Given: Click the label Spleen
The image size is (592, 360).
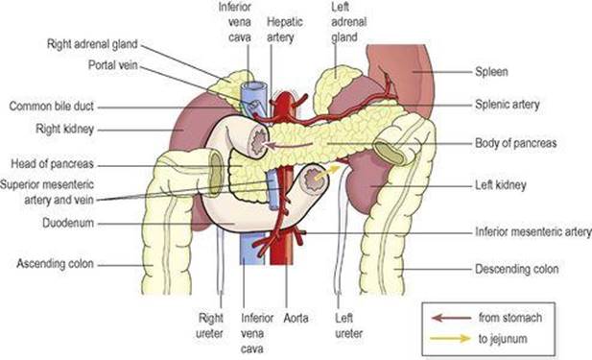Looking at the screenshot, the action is pos(491,71).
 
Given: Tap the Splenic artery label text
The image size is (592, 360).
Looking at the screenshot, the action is pos(507,105).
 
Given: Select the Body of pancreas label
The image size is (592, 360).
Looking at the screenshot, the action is pos(515,143).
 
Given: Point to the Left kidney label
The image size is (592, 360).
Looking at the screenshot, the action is pos(500,185).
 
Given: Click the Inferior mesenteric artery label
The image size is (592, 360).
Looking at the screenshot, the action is pos(533,231).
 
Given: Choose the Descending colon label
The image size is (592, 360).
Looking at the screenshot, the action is pos(516,269).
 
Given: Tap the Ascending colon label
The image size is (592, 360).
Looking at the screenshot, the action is pos(55,263).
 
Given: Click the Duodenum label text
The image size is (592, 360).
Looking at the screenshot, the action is pos(68,223).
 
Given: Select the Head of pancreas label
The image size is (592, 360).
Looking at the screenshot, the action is pos(52,163).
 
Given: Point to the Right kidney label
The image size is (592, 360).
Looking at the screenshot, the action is pos(64,129).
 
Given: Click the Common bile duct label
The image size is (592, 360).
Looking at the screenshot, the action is pos(52,107).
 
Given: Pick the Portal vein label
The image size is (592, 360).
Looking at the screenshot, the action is pos(113,65).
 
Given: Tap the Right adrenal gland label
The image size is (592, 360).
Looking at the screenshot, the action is pos(92,44).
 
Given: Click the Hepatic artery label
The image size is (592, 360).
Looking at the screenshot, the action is pos(285,29).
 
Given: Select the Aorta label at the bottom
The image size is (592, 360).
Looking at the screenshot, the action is pos(296,318).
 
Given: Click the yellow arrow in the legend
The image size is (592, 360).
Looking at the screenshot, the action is pos(450,338).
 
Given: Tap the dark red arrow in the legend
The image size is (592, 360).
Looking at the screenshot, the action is pos(451,318).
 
